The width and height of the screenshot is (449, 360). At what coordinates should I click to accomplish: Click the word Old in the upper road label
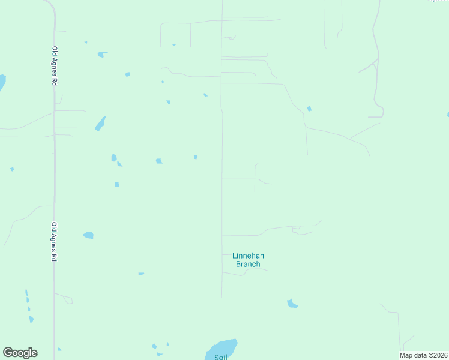point(55,51)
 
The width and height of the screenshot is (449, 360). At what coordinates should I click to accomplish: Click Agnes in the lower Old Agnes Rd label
point(54,242)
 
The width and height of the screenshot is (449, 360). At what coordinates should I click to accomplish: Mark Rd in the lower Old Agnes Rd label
point(54,257)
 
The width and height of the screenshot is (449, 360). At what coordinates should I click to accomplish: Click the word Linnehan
point(248,256)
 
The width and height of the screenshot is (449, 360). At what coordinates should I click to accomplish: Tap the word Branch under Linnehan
point(248,264)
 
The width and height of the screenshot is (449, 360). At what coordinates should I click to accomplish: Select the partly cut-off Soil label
point(220,357)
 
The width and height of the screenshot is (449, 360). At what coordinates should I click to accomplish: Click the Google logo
point(20,353)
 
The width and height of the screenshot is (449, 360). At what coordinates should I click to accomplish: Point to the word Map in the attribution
point(406,355)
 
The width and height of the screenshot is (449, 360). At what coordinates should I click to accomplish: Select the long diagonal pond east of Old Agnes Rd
point(100,124)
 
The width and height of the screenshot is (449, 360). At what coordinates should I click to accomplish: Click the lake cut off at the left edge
point(2,82)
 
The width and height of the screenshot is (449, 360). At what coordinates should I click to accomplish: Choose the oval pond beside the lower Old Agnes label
point(88,235)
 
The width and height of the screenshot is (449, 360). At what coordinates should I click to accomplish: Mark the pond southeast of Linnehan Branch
point(292,304)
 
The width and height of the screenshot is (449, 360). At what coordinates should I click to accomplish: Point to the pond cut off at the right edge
point(448,114)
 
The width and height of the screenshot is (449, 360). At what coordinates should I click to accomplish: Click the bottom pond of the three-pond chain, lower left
point(31,319)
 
